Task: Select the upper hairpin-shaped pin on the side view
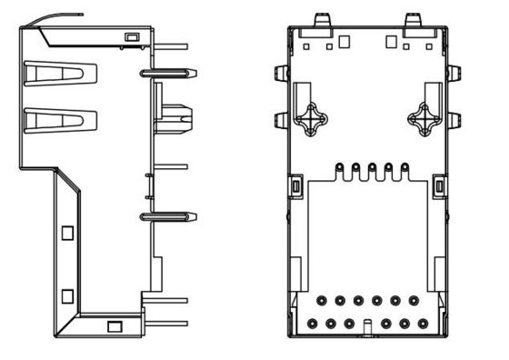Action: [x=167, y=71]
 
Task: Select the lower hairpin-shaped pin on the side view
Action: [x=167, y=216]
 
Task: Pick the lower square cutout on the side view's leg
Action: [x=67, y=295]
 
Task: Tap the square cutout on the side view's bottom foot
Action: [x=114, y=326]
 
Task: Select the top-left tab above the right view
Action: [x=320, y=19]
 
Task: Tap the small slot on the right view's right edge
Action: [x=440, y=186]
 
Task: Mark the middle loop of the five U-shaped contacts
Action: [x=372, y=168]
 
